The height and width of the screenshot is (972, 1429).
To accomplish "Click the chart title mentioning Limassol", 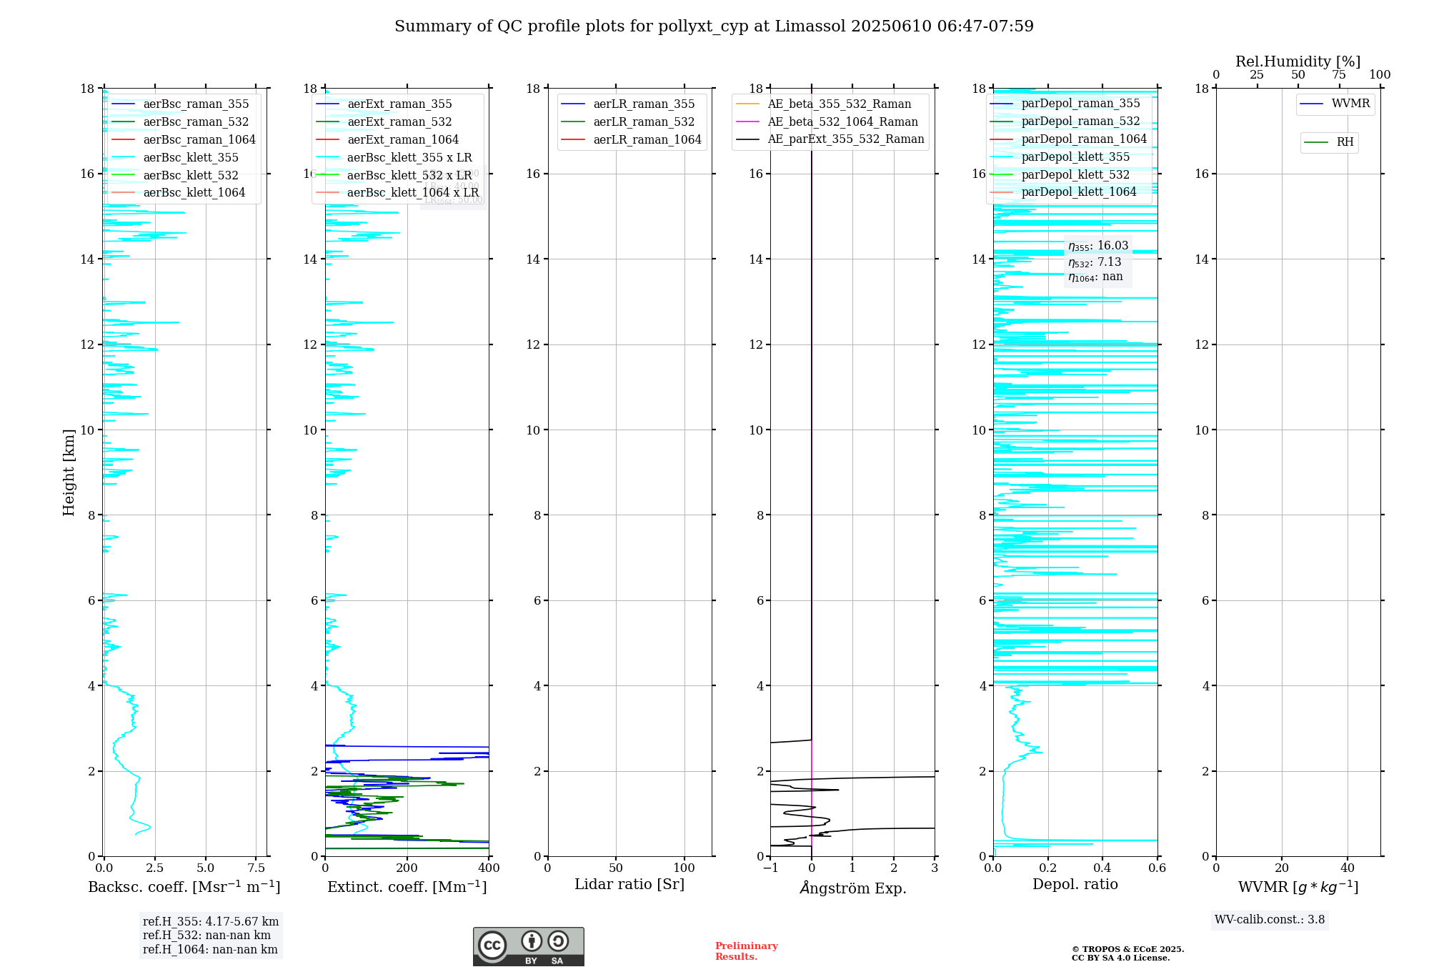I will point(714,26).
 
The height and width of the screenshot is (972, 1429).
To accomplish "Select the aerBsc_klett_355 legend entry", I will point(190,157).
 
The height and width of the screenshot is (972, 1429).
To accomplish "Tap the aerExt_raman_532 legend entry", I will point(399,121).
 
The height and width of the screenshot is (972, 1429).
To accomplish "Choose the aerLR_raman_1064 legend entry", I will point(647,139).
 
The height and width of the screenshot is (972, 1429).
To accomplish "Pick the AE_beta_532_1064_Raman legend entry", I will point(842,121).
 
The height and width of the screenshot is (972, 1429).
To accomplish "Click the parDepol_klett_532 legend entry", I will point(1075,174).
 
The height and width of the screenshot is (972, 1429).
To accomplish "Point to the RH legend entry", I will point(1345,142).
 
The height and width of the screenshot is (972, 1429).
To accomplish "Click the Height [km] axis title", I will point(69,472).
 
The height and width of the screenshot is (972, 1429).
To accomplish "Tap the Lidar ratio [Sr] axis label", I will point(629,884).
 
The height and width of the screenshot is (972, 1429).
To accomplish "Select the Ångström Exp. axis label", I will point(852,888).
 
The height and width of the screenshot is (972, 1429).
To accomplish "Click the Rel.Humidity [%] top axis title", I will point(1298,61).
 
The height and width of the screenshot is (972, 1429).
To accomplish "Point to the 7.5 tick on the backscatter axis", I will point(256,868).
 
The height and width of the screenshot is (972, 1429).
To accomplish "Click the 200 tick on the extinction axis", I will point(407,868).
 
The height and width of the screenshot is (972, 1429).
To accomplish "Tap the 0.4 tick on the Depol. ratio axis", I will point(1102,868).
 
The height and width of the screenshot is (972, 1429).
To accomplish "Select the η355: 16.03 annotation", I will point(1098,246).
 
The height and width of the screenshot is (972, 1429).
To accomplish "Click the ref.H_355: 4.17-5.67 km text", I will point(211,921).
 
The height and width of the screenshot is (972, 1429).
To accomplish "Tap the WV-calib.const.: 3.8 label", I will point(1270,919).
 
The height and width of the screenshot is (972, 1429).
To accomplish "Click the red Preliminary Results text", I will point(746,951).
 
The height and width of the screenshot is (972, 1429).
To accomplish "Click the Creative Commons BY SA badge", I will point(528,946).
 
